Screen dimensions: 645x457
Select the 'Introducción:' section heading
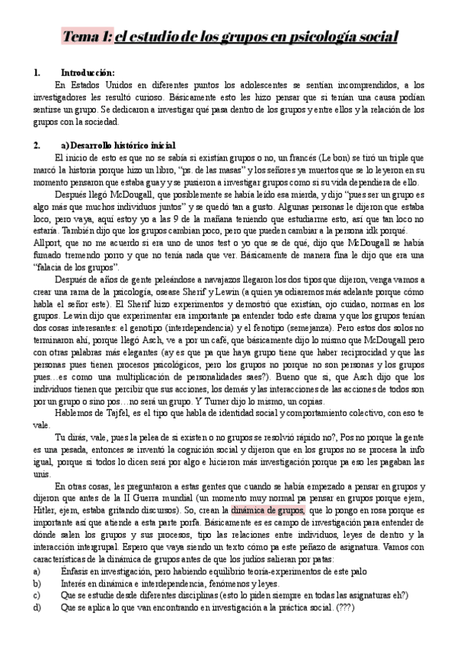click(x=86, y=72)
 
